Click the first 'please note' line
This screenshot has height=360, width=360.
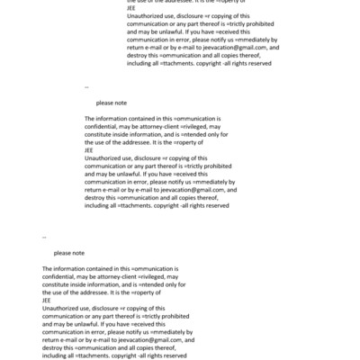[112, 103]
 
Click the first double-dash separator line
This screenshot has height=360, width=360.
[86, 87]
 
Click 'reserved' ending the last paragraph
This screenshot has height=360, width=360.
[174, 356]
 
